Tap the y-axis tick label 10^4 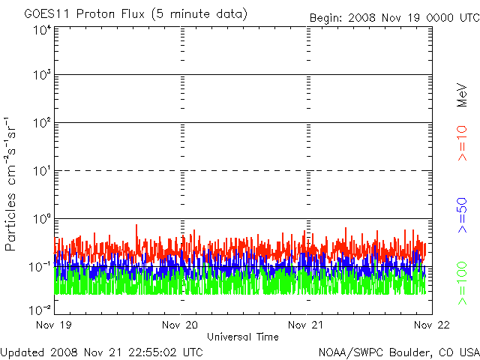point(41,31)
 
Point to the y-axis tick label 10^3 point(41,75)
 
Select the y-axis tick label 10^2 point(41,122)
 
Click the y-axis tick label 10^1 point(41,170)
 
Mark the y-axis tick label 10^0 point(41,218)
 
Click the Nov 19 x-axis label point(55,325)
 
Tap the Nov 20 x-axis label point(181,325)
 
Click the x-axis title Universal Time point(242,337)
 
